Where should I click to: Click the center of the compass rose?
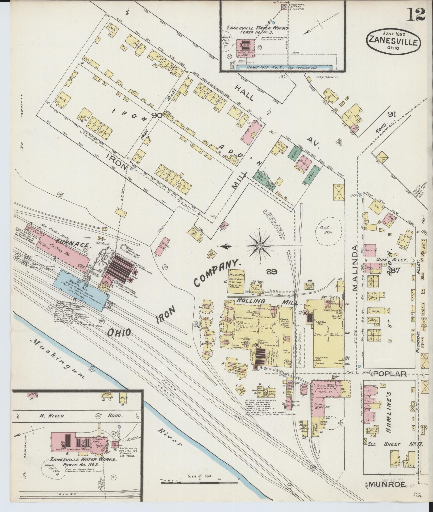tap(259, 246)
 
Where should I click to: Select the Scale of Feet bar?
tap(199, 482)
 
